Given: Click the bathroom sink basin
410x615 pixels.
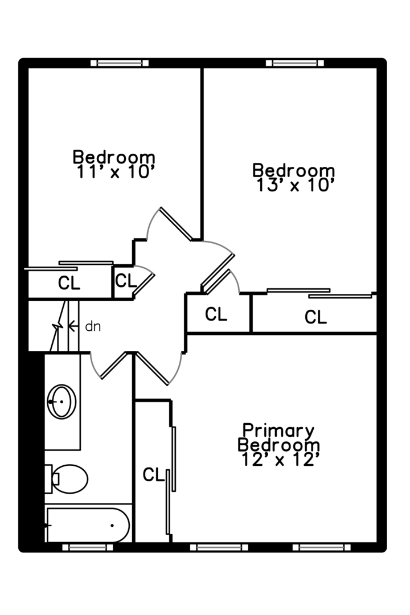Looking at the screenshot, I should (x=61, y=401).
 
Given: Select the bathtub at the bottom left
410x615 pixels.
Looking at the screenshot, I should (x=88, y=524).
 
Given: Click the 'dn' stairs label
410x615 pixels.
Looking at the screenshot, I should (x=92, y=326).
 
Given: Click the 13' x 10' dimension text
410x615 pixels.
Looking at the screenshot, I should (x=293, y=186).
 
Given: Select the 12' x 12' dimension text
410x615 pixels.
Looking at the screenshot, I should (x=278, y=460).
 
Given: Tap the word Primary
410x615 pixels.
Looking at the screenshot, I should (x=278, y=430).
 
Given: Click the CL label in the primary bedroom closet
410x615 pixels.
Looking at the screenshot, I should (x=153, y=474).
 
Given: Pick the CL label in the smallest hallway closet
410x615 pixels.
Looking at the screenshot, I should (x=126, y=281).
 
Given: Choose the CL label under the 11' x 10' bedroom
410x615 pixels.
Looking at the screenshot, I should (x=69, y=282).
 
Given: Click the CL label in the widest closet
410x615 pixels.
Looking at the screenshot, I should (x=315, y=317).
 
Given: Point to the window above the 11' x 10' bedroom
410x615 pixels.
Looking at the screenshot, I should (x=120, y=63).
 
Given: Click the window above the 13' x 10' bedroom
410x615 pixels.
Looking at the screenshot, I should (x=295, y=63).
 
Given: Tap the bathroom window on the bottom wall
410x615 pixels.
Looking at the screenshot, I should (x=87, y=547).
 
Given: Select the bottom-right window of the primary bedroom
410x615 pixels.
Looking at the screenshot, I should (x=322, y=547).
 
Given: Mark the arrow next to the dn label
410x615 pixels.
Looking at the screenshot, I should (x=72, y=326).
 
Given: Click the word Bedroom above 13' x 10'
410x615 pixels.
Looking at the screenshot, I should (x=293, y=171).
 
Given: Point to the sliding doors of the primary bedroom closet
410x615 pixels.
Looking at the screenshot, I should (x=171, y=478).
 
